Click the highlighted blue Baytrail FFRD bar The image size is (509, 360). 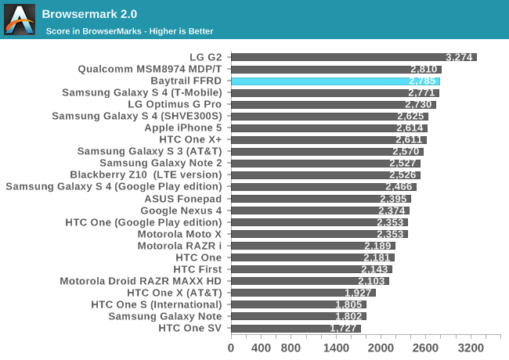click(x=335, y=81)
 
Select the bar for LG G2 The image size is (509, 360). click(x=353, y=57)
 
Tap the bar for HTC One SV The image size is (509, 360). click(x=295, y=328)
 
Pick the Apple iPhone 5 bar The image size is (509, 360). click(x=329, y=128)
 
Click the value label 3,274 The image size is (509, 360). click(x=460, y=57)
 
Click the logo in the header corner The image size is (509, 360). click(x=20, y=20)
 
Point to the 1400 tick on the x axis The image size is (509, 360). click(x=336, y=347)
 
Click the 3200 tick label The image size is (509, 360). click(x=471, y=347)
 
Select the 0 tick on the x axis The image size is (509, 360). click(x=231, y=347)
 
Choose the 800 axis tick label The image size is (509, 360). click(x=291, y=347)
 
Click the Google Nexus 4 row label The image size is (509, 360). click(x=181, y=211)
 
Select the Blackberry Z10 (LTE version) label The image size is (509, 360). click(x=146, y=175)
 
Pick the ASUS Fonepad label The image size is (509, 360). click(x=183, y=199)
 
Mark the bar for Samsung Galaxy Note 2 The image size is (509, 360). click(x=325, y=163)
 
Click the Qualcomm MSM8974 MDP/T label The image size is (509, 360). click(x=150, y=69)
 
